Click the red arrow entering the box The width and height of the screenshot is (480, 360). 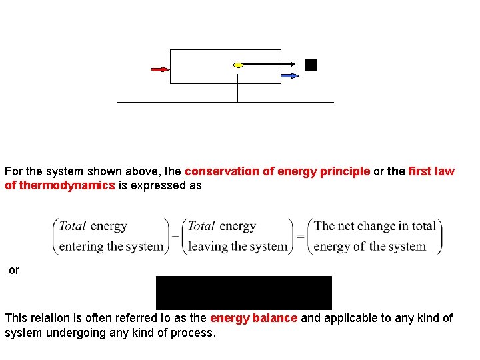coord(160,69)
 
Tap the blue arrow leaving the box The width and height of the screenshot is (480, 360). coord(290,76)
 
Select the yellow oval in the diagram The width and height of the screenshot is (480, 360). coord(238,65)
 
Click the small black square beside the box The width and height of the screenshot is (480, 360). coord(311,65)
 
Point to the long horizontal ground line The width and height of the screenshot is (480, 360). coord(225,103)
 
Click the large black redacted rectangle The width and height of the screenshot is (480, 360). coord(243,293)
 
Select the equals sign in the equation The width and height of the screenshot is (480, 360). coord(301,236)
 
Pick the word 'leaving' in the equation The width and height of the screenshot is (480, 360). coord(209,246)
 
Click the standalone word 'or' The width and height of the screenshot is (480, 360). coord(14,270)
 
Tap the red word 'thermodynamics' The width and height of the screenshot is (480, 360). coord(60,185)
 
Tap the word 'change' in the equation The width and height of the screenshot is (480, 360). coord(383,225)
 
